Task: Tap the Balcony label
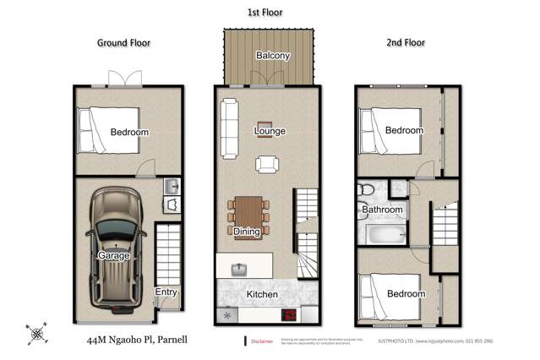tap(272, 57)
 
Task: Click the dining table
tap(247, 216)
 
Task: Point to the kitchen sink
tap(240, 270)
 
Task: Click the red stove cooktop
tap(289, 315)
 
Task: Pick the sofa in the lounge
tap(229, 128)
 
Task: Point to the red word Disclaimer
tap(262, 341)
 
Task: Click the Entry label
tap(165, 292)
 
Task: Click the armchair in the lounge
tap(267, 164)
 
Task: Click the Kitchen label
tap(262, 294)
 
